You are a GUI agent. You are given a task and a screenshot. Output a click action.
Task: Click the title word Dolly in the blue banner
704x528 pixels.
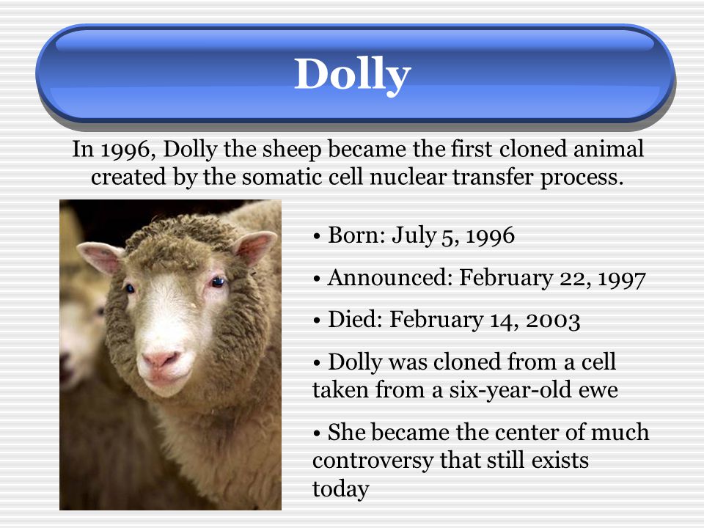pyautogui.click(x=353, y=74)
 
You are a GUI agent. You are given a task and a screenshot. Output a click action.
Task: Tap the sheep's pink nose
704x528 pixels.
pyautogui.click(x=160, y=359)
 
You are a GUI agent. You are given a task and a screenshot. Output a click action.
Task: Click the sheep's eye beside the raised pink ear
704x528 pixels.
pyautogui.click(x=218, y=282)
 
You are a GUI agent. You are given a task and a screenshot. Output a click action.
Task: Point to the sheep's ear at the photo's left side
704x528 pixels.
pyautogui.click(x=100, y=257)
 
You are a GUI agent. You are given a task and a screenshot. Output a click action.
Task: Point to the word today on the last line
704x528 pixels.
pyautogui.click(x=340, y=488)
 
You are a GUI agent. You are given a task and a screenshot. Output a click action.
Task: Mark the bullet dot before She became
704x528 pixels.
pyautogui.click(x=318, y=433)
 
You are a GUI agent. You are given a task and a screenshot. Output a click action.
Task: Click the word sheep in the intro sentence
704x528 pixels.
pyautogui.click(x=291, y=150)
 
